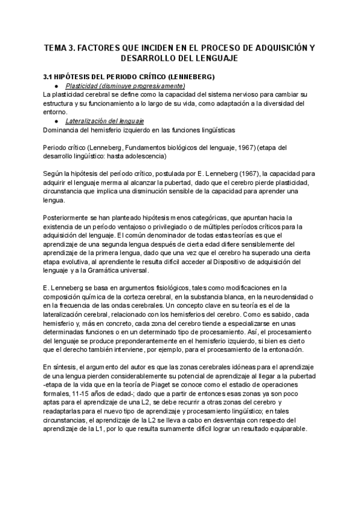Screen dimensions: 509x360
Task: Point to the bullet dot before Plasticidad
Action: coord(55,86)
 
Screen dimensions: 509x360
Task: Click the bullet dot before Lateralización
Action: coord(55,121)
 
